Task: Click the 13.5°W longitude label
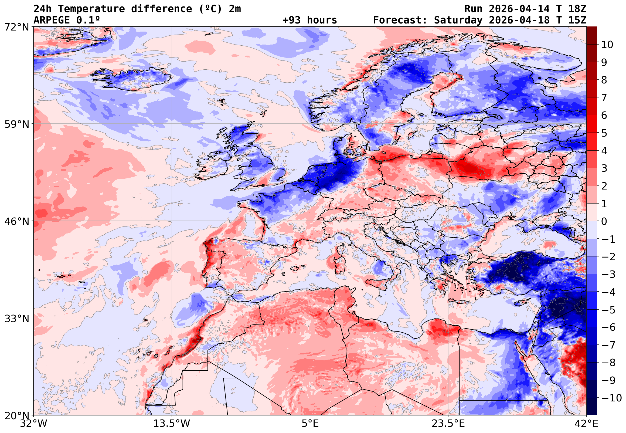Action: click(172, 424)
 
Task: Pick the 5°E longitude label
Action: click(310, 424)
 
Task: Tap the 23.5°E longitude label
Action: click(448, 424)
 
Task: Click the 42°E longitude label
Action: click(586, 424)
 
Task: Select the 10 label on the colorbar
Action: click(607, 45)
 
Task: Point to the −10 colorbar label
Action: click(611, 398)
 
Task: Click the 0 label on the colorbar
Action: click(604, 221)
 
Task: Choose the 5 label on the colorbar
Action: click(604, 133)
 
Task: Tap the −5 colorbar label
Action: click(608, 310)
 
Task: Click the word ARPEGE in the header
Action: click(52, 20)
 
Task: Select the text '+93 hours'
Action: click(309, 20)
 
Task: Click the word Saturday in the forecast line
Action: click(458, 20)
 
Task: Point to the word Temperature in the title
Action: click(91, 9)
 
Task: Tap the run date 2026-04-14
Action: click(519, 9)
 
